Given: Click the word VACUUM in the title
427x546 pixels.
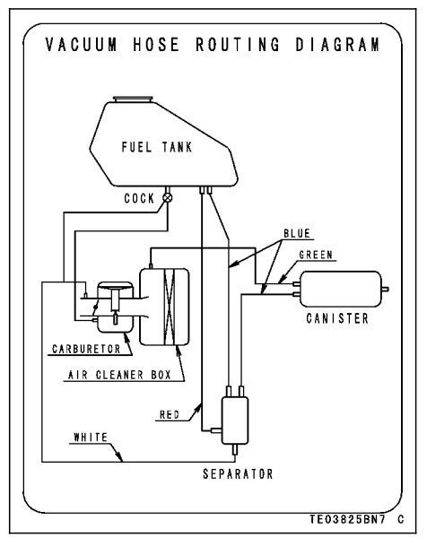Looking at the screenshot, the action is point(82,45).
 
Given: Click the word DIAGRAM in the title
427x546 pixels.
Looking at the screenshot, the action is point(337,45).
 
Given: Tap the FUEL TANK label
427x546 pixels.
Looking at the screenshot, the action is point(157,147).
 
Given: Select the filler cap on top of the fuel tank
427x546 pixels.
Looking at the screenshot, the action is point(133,100).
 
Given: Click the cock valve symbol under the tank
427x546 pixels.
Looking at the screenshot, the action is point(168,198).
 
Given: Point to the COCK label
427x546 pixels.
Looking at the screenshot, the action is point(139,198).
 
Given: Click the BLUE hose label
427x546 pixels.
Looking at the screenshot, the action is point(297,233).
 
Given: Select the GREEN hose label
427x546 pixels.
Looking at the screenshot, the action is point(316,255).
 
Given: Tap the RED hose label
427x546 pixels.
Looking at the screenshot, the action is point(170,415).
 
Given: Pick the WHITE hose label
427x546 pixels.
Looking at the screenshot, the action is point(91,438).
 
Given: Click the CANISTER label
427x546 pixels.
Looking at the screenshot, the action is point(337,318).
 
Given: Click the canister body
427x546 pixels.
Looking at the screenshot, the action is point(341,289).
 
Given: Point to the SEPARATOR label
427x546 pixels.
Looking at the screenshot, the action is point(238,474).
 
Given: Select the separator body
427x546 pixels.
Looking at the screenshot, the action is point(235,420).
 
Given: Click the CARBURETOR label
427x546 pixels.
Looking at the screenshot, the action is point(86,349).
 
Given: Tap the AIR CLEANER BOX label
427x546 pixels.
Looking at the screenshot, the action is point(119,375).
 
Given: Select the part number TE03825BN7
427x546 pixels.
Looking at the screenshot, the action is point(347,520).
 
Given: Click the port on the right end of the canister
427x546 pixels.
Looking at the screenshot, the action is point(386,289).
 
